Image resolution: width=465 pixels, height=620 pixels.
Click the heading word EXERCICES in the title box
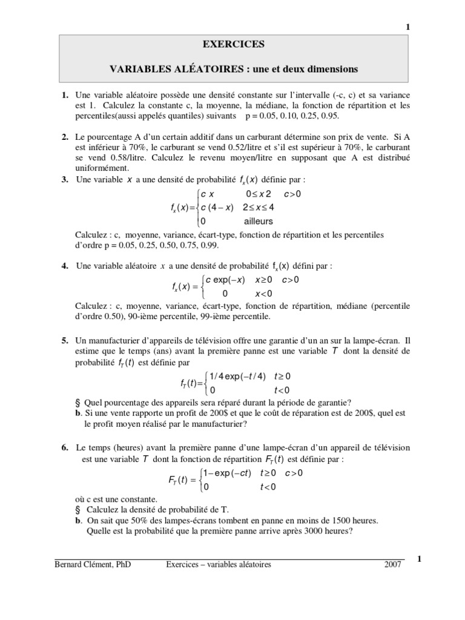pos(233,44)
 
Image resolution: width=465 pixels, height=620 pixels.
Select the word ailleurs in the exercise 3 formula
pos(259,222)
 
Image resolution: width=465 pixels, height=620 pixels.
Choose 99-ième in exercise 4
pos(211,316)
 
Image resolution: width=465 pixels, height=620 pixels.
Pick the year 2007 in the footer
pos(394,565)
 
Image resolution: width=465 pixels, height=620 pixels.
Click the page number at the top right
pos(407,27)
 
